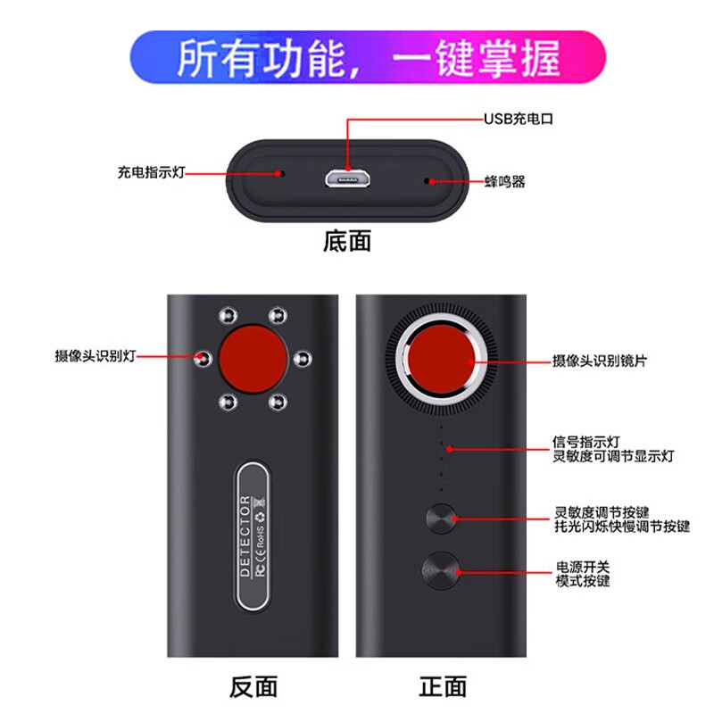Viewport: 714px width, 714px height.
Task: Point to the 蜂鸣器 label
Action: tap(506, 182)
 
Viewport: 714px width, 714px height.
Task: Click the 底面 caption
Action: tap(346, 241)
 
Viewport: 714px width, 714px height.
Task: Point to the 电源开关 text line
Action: tap(583, 567)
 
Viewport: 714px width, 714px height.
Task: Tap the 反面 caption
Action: tap(253, 685)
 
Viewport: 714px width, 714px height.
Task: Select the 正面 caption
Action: tap(443, 685)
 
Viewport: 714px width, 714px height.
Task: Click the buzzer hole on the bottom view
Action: tap(429, 181)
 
